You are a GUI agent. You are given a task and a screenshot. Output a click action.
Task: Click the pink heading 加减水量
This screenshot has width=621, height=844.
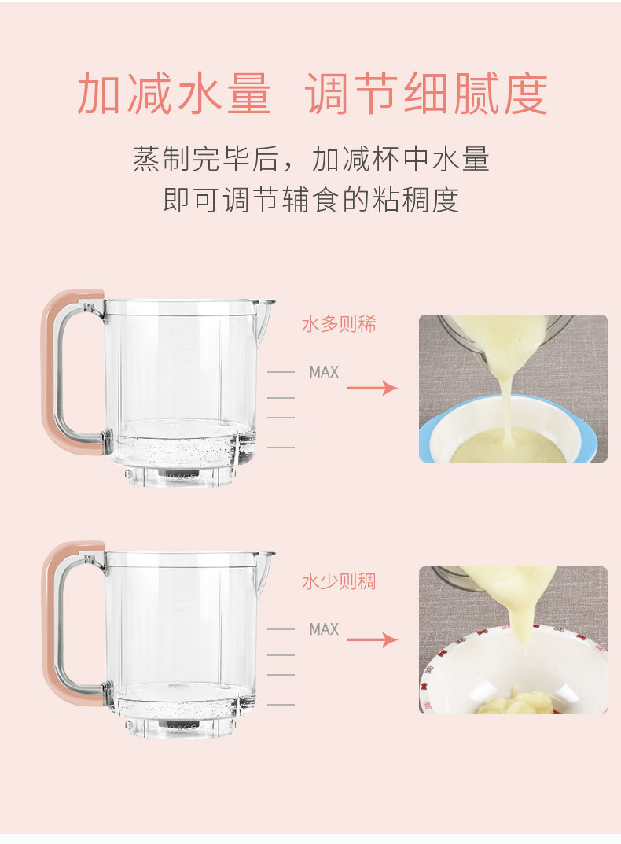coord(174,95)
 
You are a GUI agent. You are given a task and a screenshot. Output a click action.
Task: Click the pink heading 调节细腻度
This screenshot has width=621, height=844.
coord(426,95)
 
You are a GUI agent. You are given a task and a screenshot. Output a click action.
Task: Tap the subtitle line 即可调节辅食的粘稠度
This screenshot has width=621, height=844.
coord(310,199)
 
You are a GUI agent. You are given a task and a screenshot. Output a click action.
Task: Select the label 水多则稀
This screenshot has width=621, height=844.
coord(339,324)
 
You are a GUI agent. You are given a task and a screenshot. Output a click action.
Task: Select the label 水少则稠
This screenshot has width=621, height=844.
coord(339,582)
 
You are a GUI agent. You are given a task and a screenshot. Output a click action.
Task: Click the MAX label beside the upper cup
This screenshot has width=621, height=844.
coord(324,372)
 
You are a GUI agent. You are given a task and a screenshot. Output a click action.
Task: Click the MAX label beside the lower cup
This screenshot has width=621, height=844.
coord(324,629)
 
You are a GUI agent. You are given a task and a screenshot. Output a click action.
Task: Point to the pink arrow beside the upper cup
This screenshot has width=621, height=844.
coord(372,387)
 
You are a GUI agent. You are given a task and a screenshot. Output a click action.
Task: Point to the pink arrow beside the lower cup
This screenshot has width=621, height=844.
coord(372,639)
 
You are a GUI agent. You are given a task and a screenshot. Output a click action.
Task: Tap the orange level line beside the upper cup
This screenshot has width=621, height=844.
coord(288,433)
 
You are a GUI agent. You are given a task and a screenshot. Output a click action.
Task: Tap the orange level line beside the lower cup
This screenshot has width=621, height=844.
coord(288,695)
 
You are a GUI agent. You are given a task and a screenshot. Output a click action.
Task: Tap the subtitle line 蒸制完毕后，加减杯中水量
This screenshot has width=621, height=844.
coord(310,159)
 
